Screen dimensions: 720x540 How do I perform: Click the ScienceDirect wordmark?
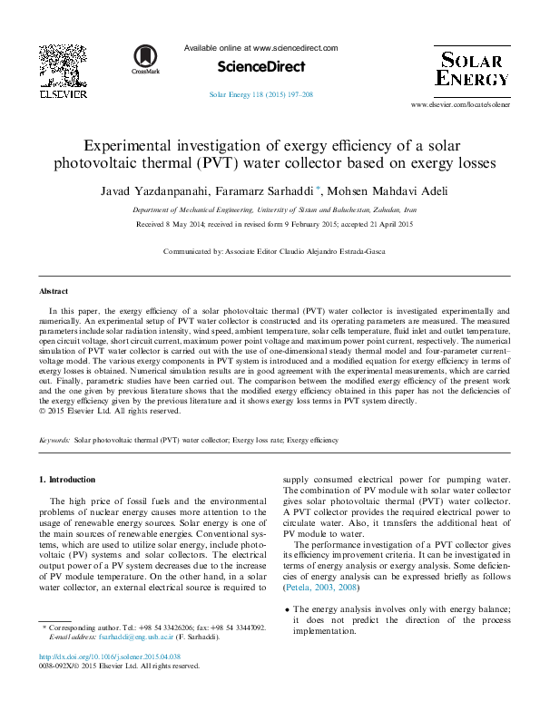[x=260, y=67]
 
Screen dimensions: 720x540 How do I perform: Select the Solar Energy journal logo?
[x=470, y=68]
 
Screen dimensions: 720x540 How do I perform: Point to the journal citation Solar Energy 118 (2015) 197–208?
[x=261, y=94]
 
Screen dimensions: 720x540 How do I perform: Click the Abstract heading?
[x=53, y=292]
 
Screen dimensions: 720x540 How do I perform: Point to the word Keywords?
[x=54, y=440]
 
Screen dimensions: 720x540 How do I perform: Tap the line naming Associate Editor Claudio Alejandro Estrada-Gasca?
[x=269, y=249]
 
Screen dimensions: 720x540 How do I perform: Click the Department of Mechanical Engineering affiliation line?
[x=269, y=209]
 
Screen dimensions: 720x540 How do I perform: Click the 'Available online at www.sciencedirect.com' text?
[x=260, y=48]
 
